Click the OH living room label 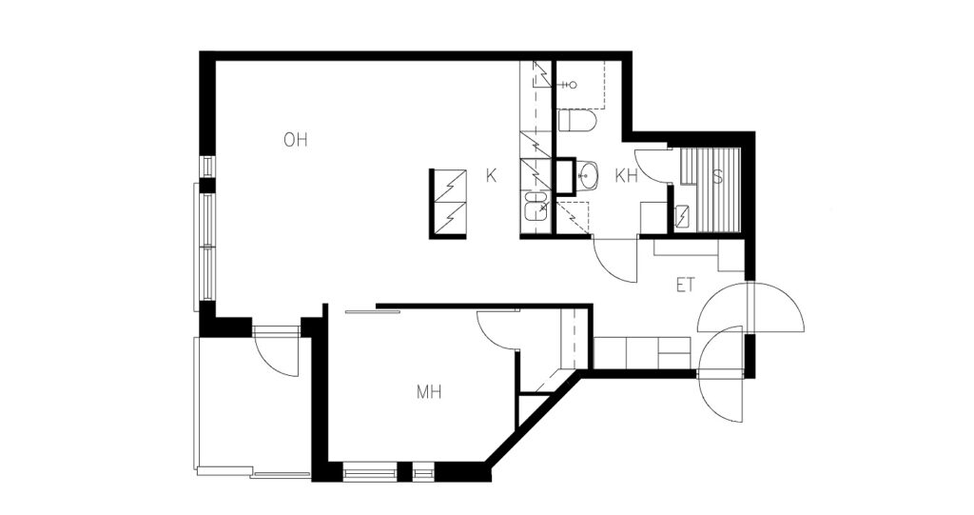[296, 140]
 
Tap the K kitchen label [492, 176]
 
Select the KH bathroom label [627, 176]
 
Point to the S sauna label [718, 177]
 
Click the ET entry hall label [685, 286]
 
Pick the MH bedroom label [429, 392]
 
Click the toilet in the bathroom [577, 121]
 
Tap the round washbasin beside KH [587, 175]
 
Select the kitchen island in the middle [448, 204]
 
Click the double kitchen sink [536, 206]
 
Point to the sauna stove [683, 216]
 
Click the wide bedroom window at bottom [370, 471]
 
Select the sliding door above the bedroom [372, 311]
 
